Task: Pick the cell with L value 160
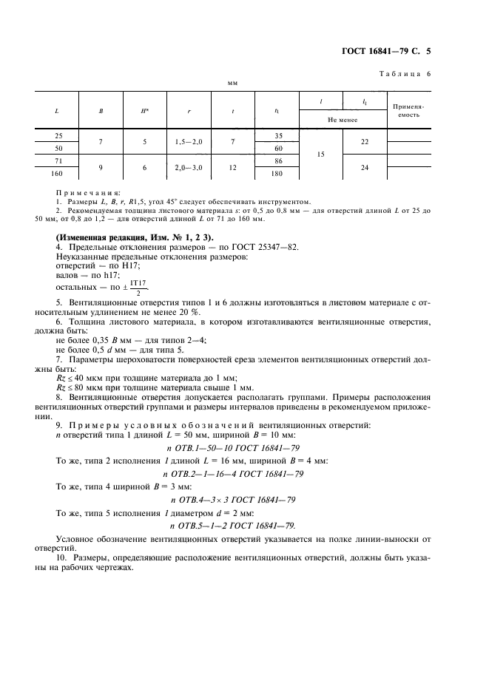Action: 58,174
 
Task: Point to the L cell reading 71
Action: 58,160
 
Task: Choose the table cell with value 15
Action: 321,155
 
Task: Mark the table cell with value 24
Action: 365,168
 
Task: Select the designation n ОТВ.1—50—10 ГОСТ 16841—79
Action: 232,448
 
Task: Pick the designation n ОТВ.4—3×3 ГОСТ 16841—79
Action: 232,500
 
